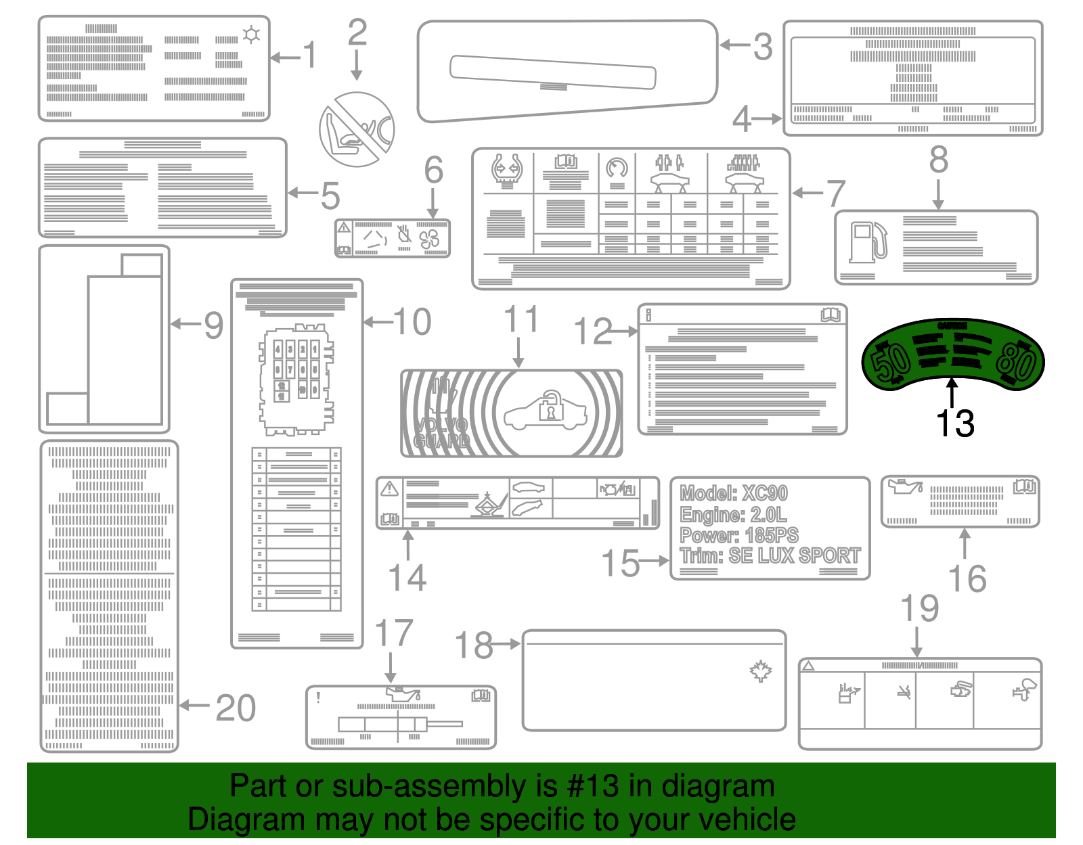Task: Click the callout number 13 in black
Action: click(x=954, y=424)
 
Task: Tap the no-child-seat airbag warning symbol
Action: click(x=357, y=129)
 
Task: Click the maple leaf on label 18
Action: click(x=761, y=670)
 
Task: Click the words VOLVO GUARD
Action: click(x=441, y=433)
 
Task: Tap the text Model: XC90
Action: click(x=734, y=493)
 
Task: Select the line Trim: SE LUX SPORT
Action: click(x=770, y=556)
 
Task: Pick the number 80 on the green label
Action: click(x=1016, y=362)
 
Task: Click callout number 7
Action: click(x=836, y=194)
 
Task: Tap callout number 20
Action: click(x=236, y=708)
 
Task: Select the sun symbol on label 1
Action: click(x=251, y=35)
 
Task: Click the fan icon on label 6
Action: click(x=429, y=239)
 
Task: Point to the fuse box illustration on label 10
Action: click(x=296, y=380)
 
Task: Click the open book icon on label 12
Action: click(x=830, y=315)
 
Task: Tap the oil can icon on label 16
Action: click(x=907, y=486)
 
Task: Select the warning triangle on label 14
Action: click(x=389, y=488)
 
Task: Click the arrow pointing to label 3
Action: click(x=734, y=45)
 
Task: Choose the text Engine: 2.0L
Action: click(x=734, y=514)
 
